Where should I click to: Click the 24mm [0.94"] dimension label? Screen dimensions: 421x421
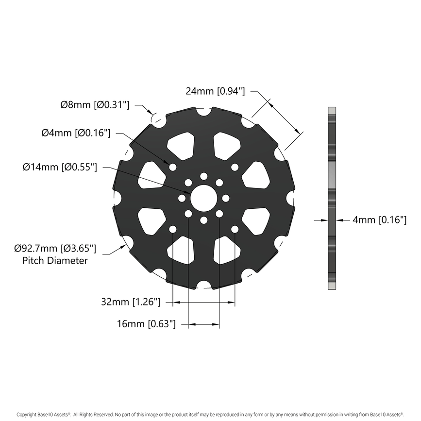(215, 91)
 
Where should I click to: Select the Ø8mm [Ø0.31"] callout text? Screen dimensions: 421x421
(95, 104)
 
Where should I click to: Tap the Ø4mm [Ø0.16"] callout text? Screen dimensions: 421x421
(76, 133)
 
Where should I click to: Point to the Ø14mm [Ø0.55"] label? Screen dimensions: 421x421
(60, 167)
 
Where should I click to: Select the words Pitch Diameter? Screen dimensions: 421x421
(55, 261)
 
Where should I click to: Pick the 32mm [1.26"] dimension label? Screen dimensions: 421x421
(131, 302)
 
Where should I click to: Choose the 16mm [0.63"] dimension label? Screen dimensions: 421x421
(146, 323)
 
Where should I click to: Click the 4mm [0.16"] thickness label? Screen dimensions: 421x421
(379, 220)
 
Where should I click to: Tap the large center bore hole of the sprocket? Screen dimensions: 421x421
(203, 198)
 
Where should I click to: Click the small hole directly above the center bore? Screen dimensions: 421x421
(203, 175)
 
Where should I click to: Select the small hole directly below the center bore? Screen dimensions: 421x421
(203, 220)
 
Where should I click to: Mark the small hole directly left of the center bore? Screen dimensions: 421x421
(182, 198)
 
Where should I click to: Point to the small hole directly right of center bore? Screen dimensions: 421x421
(226, 198)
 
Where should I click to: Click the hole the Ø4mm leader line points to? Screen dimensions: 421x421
(172, 167)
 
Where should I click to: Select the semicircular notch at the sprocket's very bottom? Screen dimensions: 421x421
(203, 286)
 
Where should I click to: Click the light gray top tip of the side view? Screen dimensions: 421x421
(332, 111)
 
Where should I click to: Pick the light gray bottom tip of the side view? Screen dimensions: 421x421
(332, 286)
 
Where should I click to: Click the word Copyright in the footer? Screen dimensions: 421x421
(27, 414)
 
